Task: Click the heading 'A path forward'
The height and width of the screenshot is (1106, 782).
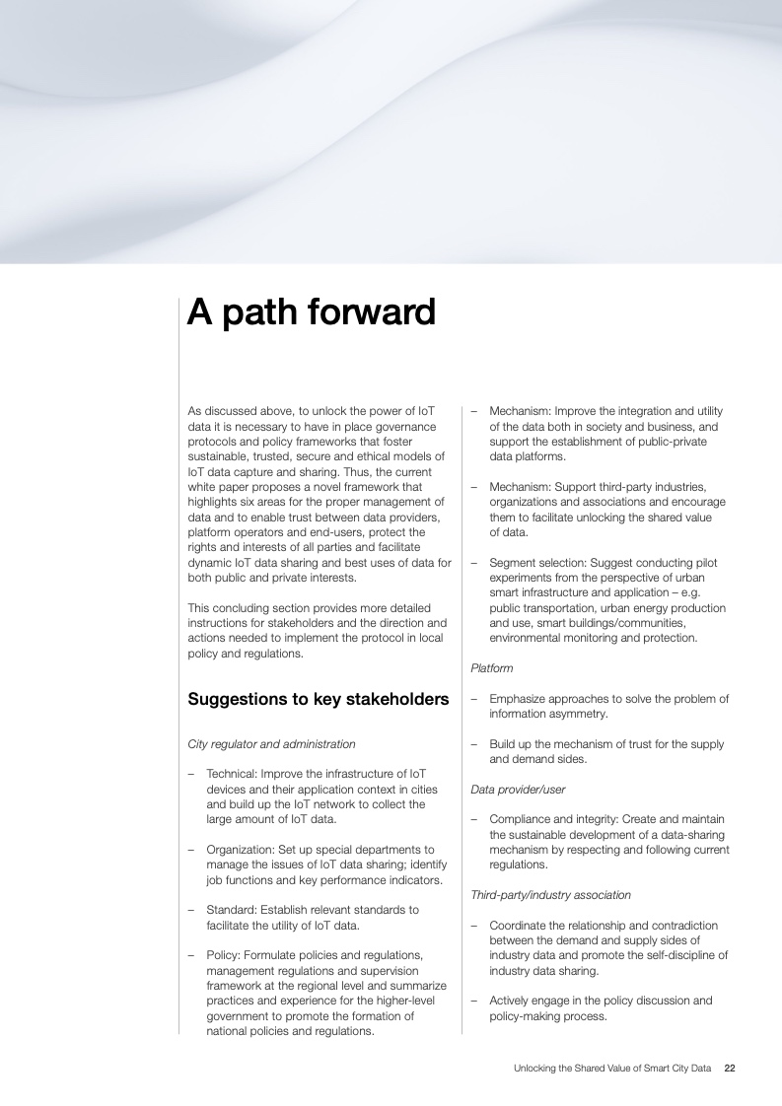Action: click(311, 312)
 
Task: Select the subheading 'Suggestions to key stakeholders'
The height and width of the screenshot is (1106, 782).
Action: click(318, 700)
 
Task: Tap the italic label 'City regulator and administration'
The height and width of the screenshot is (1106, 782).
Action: click(271, 744)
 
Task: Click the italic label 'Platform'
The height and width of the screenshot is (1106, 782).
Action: click(491, 668)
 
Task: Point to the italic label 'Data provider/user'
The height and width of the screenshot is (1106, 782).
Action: click(518, 790)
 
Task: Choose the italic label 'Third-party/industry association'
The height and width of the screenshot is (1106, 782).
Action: click(550, 895)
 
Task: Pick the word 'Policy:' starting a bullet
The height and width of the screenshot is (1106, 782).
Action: click(224, 954)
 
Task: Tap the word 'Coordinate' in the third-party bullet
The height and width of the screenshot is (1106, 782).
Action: click(519, 926)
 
